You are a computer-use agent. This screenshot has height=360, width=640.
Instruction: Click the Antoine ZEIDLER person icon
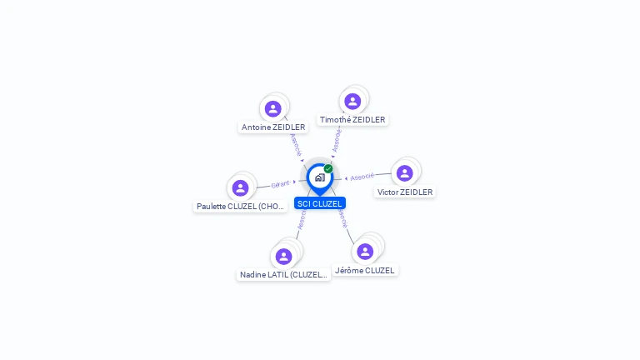[273, 108]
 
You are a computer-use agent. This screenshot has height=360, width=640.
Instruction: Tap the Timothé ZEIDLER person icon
[352, 102]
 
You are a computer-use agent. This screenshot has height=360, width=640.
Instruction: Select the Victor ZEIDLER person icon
[405, 173]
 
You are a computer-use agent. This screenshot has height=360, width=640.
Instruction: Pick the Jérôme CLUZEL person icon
[365, 251]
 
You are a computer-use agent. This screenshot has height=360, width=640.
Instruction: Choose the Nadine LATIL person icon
[283, 256]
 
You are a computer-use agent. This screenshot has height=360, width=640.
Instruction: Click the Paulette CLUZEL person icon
[241, 187]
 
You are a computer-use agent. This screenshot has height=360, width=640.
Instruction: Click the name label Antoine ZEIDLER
[273, 127]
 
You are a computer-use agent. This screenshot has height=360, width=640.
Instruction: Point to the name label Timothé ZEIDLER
[352, 120]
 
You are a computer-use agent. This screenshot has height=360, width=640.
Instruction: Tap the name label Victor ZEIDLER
[405, 192]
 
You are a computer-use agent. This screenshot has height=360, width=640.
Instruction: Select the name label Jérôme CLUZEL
[365, 270]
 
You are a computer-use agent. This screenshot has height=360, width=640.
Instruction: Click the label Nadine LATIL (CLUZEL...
[283, 275]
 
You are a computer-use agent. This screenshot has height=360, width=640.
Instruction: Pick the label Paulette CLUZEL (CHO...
[241, 207]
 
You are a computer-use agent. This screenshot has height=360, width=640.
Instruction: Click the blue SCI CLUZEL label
[319, 203]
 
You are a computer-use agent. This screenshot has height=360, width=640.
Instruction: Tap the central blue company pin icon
[318, 177]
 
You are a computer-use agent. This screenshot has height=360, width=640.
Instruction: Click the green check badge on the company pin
[328, 168]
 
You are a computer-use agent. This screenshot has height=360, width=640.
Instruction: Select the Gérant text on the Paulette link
[280, 184]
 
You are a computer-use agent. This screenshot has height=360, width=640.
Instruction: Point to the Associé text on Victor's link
[362, 177]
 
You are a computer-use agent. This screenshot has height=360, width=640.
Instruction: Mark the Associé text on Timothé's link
[337, 140]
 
